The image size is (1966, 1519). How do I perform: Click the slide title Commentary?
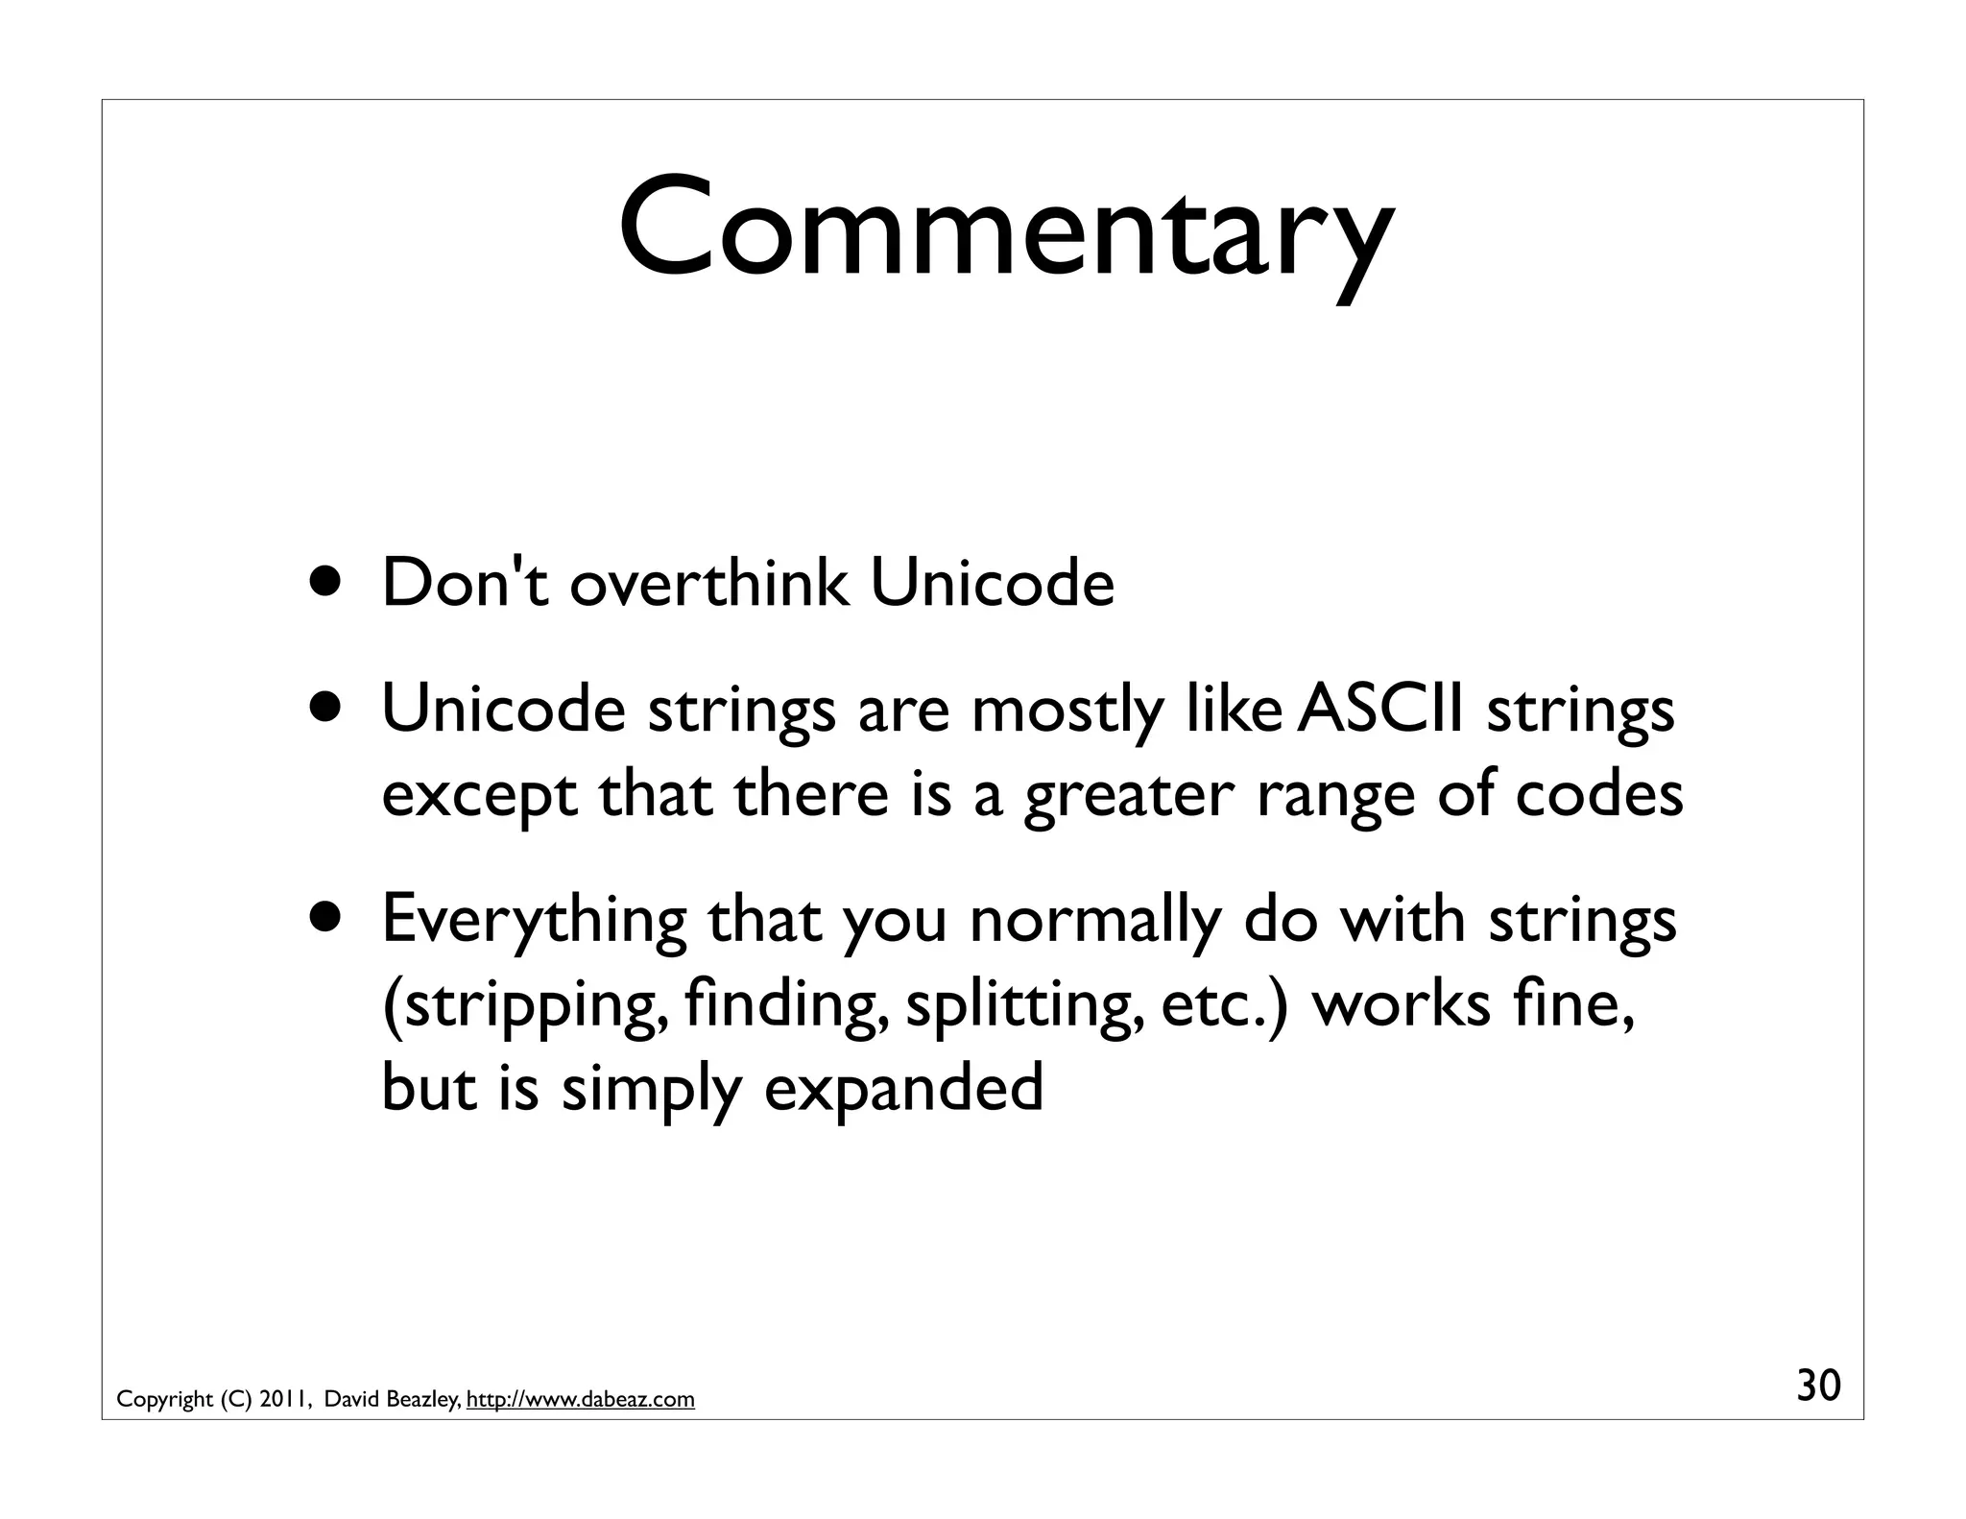pos(1004,229)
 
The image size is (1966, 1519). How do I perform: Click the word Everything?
pos(534,920)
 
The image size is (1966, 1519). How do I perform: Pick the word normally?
pos(1094,920)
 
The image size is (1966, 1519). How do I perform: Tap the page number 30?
pos(1818,1386)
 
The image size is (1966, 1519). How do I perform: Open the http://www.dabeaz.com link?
pos(580,1400)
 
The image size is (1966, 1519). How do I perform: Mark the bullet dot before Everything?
pos(329,917)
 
